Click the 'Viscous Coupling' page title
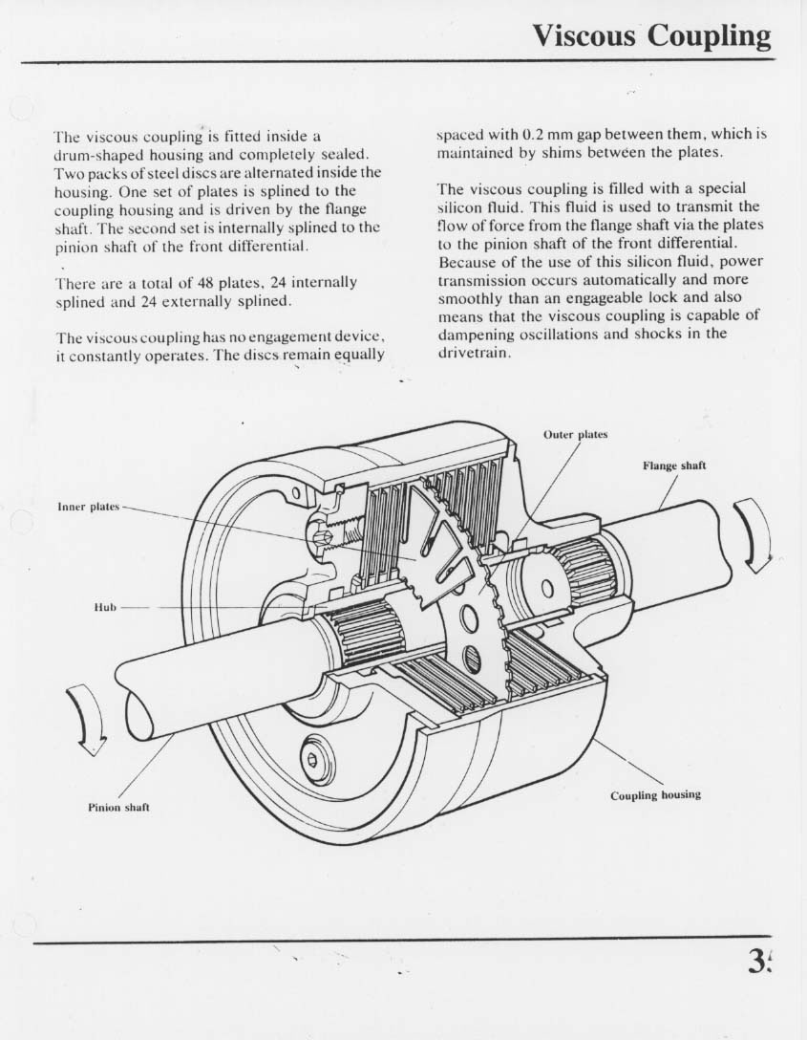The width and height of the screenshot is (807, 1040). pos(651,35)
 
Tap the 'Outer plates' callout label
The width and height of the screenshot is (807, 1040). pos(575,435)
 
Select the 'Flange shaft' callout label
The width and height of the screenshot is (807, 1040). pos(674,466)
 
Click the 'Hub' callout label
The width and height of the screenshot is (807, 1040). pos(105,607)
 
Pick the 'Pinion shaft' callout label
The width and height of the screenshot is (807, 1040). pos(119,807)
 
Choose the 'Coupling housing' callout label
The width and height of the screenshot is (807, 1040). pos(656,795)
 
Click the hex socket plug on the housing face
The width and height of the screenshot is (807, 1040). pos(312,759)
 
